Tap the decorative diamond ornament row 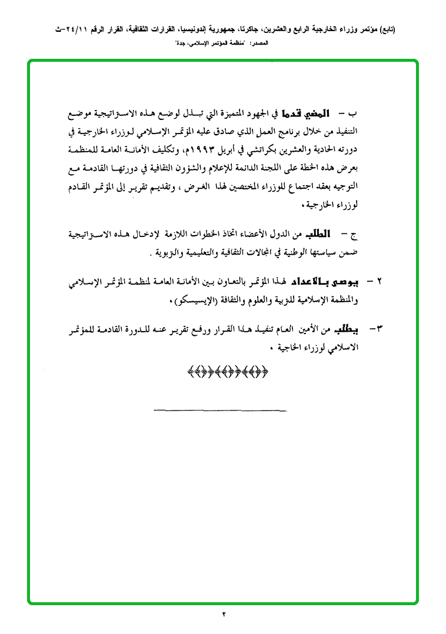click(227, 371)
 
